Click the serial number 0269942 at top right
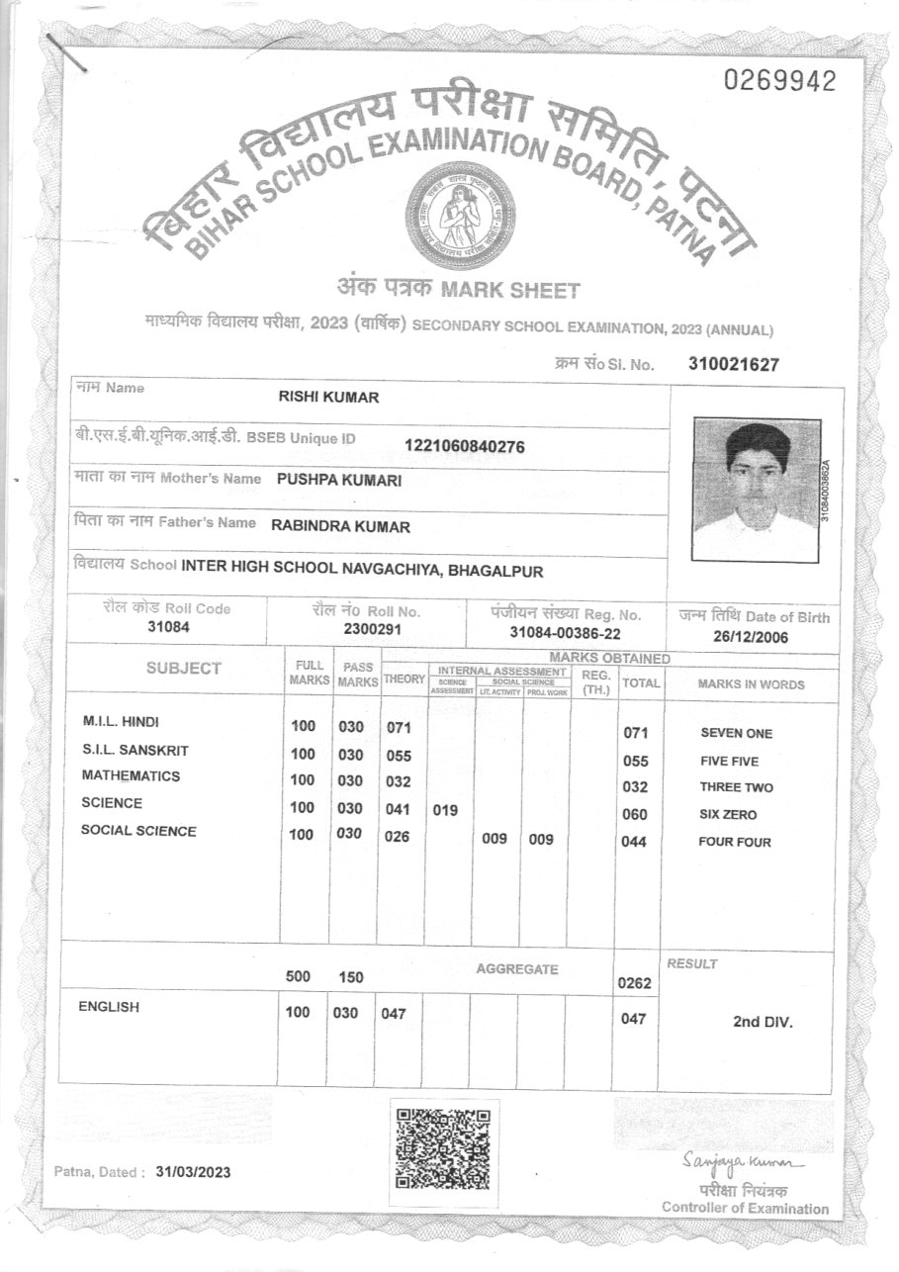tap(780, 81)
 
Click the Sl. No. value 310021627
tap(734, 364)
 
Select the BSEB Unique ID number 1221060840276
tap(465, 446)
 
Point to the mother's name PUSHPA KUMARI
tap(339, 480)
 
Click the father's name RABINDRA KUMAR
tap(340, 526)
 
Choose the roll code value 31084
tap(167, 627)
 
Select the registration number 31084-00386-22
tap(565, 632)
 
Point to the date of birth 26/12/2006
tap(752, 637)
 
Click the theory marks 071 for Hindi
tap(398, 728)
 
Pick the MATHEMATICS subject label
tap(131, 776)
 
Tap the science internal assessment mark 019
tap(445, 810)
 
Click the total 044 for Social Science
tap(633, 842)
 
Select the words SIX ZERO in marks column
tap(728, 815)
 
